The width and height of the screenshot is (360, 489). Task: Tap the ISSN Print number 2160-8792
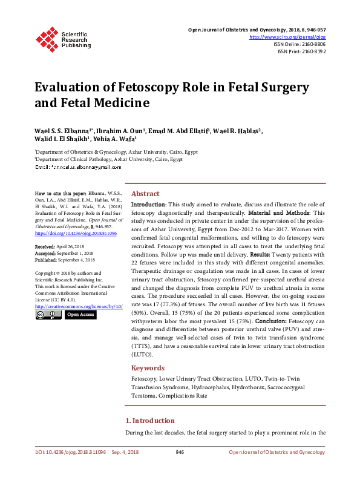[x=313, y=51]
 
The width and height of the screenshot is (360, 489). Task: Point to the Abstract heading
[x=145, y=193]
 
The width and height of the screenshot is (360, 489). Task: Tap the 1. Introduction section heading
[x=150, y=420]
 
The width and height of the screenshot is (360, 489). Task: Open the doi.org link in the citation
[x=76, y=233]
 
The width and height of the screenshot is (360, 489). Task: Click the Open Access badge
[x=80, y=315]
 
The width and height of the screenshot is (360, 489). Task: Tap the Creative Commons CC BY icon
[x=48, y=315]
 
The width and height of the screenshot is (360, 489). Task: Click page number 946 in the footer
[x=180, y=452]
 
